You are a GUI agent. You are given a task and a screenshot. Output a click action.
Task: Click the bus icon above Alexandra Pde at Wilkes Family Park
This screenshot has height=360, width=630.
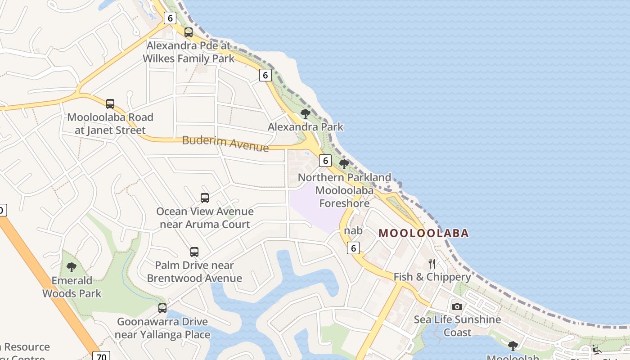tap(189, 32)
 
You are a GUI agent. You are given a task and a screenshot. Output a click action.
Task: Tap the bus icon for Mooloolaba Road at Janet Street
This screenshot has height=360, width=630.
tap(110, 104)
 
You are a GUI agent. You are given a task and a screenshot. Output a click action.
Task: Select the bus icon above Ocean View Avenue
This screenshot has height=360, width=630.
tap(205, 198)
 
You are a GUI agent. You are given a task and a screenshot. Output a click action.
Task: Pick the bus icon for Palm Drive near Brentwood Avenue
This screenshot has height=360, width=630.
tap(194, 252)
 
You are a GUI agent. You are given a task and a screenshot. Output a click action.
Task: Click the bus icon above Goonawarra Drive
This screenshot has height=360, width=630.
tap(162, 309)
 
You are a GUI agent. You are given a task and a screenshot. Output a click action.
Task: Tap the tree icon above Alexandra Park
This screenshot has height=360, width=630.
tap(306, 114)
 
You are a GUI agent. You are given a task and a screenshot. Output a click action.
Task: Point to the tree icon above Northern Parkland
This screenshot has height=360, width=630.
tap(344, 164)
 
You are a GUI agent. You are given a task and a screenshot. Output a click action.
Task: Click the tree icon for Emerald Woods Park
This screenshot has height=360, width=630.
tap(72, 267)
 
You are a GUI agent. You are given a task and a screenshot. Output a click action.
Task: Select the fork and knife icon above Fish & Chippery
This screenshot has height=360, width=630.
tap(432, 264)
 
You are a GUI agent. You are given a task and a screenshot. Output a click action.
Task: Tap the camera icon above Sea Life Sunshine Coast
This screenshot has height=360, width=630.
tap(457, 306)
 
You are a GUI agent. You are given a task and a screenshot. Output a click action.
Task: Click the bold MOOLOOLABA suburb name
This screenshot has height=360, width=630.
tap(423, 233)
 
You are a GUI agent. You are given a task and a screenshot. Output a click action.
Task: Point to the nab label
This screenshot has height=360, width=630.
tap(353, 231)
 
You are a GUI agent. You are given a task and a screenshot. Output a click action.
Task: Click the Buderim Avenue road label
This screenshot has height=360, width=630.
tap(225, 143)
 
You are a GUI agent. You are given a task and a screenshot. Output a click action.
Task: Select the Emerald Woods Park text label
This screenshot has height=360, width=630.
tap(72, 287)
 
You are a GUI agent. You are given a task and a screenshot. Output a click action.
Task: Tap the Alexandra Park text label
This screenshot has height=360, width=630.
tap(306, 127)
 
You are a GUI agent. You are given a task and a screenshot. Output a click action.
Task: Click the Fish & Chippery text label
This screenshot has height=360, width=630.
tap(432, 277)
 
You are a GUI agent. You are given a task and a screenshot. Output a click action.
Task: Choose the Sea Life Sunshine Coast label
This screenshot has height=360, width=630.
tap(457, 326)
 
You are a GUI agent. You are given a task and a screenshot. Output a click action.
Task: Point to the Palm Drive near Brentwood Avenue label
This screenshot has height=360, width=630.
tap(194, 272)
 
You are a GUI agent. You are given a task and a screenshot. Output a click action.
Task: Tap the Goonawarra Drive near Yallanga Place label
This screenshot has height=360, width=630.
tap(162, 328)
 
